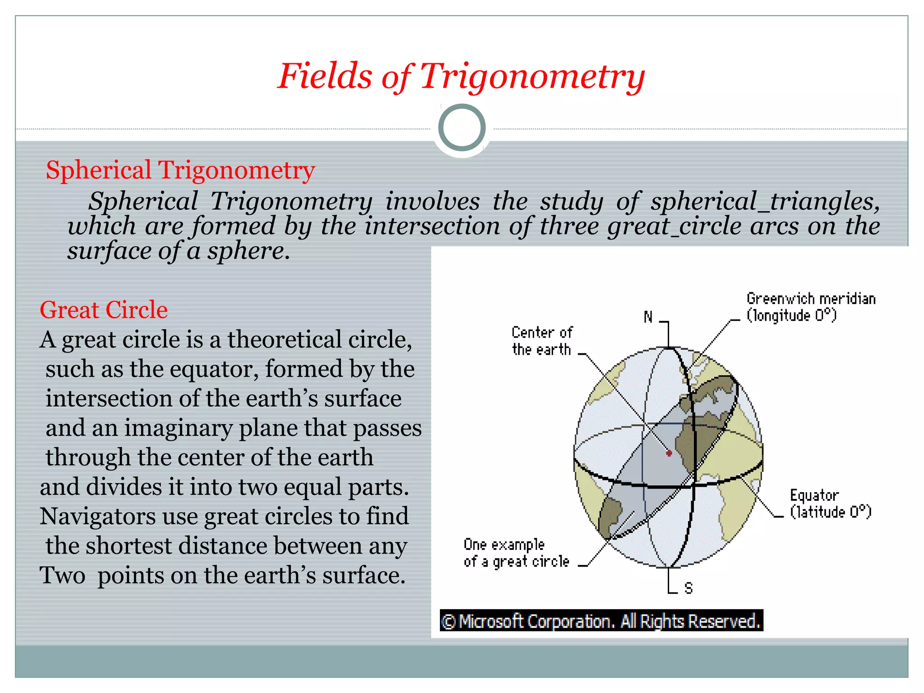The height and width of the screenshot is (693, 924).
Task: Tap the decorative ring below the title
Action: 462,128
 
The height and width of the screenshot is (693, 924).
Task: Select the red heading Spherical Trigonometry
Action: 180,171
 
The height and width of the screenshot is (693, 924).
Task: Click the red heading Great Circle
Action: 104,310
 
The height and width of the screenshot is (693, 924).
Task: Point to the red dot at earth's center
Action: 669,453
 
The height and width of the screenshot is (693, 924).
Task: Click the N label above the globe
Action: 648,317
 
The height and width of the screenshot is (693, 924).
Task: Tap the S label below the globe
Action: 688,588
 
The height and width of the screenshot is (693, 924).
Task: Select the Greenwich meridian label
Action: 811,307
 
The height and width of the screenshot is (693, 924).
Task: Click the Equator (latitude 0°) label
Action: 830,504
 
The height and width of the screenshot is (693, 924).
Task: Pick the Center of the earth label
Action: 542,341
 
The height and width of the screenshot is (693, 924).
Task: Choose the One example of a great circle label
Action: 516,553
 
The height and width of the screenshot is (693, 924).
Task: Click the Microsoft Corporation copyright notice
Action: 601,621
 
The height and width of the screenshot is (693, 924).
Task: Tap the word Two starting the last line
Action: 62,576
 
